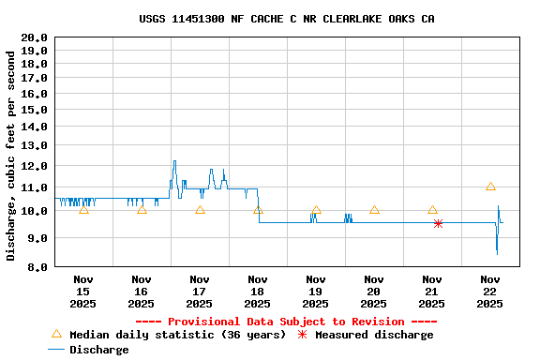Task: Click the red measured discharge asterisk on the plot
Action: [x=438, y=223]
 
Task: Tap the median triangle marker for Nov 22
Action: [x=490, y=187]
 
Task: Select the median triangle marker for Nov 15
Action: [x=83, y=209]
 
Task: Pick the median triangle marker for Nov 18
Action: [x=258, y=209]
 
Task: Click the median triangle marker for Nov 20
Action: [x=374, y=209]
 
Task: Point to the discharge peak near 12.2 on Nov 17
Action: [x=173, y=161]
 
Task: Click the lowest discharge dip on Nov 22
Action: [x=497, y=253]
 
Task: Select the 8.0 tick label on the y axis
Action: [x=37, y=267]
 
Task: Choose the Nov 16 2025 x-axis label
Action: [x=142, y=291]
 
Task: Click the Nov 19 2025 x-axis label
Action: [x=316, y=291]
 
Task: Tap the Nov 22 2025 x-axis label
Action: [x=490, y=291]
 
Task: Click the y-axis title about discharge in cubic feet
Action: [x=11, y=155]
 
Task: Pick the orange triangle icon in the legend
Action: [x=56, y=334]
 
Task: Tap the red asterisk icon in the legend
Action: [x=302, y=334]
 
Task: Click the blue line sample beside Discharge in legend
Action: [x=56, y=350]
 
